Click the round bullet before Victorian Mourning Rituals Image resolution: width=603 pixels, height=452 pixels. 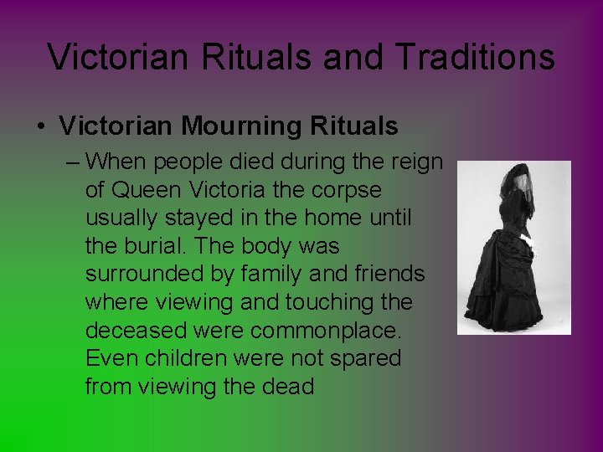[40, 127]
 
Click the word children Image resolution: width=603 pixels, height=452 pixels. [190, 359]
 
